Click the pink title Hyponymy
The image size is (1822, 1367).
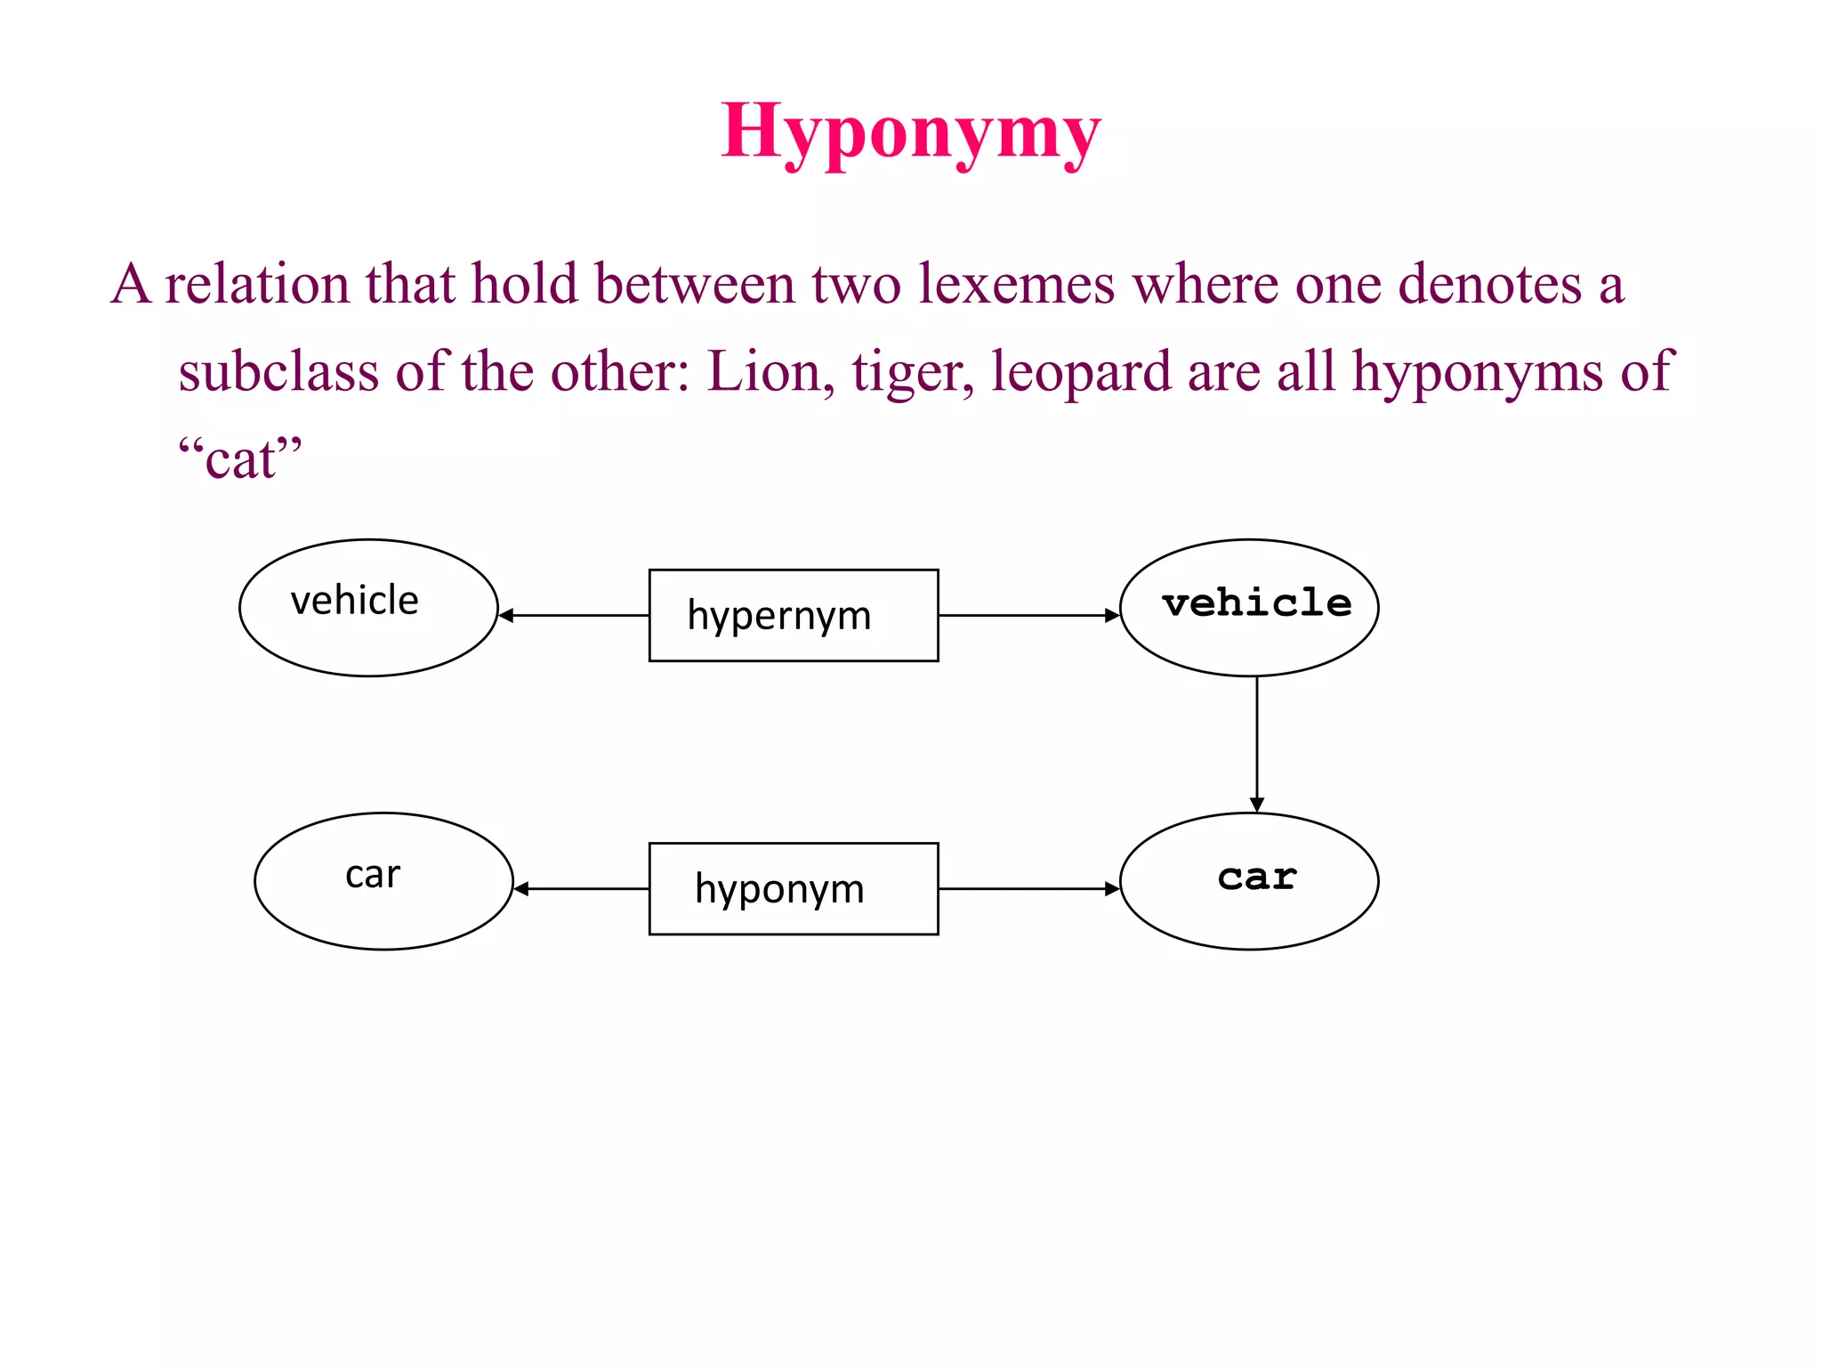click(x=910, y=132)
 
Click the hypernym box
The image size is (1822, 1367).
click(x=793, y=615)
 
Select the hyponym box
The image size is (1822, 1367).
click(x=793, y=888)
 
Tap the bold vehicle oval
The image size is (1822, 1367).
click(x=1249, y=607)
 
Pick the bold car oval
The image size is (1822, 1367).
click(x=1249, y=880)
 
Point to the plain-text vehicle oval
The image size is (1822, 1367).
click(x=368, y=607)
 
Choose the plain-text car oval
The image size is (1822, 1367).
click(x=383, y=880)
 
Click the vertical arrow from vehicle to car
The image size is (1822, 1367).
click(x=1256, y=744)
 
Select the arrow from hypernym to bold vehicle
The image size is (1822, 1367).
click(x=1028, y=615)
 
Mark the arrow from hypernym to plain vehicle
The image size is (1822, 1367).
click(x=574, y=615)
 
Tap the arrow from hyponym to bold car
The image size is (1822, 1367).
click(x=1028, y=888)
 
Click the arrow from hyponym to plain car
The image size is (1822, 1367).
click(x=582, y=888)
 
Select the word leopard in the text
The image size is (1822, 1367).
click(x=1080, y=372)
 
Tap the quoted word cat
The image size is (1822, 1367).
click(x=240, y=459)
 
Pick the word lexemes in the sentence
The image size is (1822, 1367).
click(x=1016, y=285)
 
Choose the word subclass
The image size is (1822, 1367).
click(x=278, y=372)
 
